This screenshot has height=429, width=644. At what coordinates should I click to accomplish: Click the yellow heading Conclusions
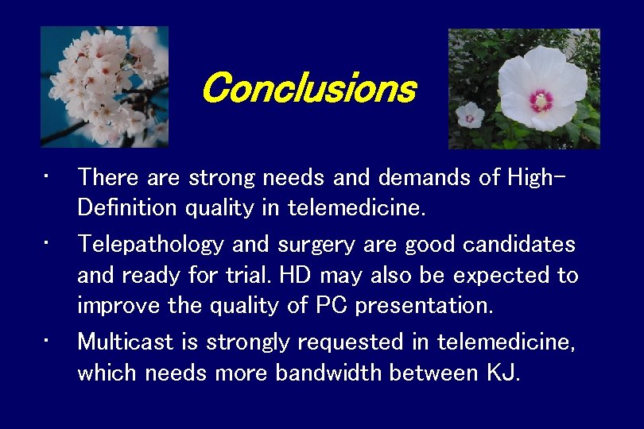pyautogui.click(x=308, y=88)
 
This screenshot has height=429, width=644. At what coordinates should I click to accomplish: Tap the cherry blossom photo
pyautogui.click(x=104, y=87)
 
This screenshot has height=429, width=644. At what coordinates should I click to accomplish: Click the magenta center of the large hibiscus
pyautogui.click(x=541, y=100)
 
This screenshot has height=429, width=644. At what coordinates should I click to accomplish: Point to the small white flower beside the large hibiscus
pyautogui.click(x=470, y=114)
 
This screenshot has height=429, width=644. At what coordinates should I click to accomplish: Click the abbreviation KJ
pyautogui.click(x=502, y=373)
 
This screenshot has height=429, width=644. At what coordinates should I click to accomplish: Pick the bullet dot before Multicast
pyautogui.click(x=48, y=338)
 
